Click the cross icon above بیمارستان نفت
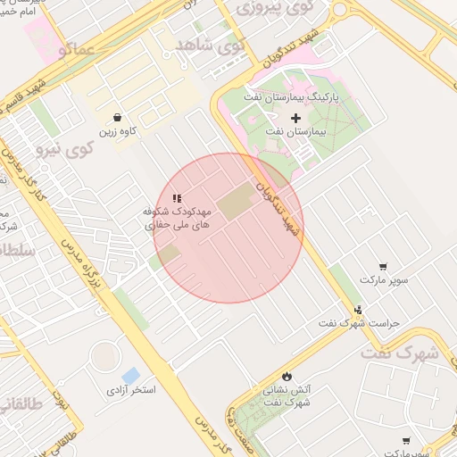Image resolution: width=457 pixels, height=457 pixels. [296, 118]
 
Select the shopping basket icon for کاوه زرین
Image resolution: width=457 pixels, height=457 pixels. [118, 117]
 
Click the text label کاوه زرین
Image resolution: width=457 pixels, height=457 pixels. [118, 132]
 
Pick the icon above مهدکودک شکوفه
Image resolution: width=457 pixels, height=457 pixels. [178, 198]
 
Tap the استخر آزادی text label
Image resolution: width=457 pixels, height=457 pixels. [131, 391]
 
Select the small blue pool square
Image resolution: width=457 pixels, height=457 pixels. [131, 375]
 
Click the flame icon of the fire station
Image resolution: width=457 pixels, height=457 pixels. [287, 376]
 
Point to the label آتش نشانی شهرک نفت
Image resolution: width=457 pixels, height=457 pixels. [287, 395]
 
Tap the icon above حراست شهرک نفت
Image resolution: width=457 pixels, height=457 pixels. [359, 311]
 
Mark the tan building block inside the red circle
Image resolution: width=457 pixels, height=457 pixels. [236, 204]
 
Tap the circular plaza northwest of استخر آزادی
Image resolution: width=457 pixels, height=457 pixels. [104, 357]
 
